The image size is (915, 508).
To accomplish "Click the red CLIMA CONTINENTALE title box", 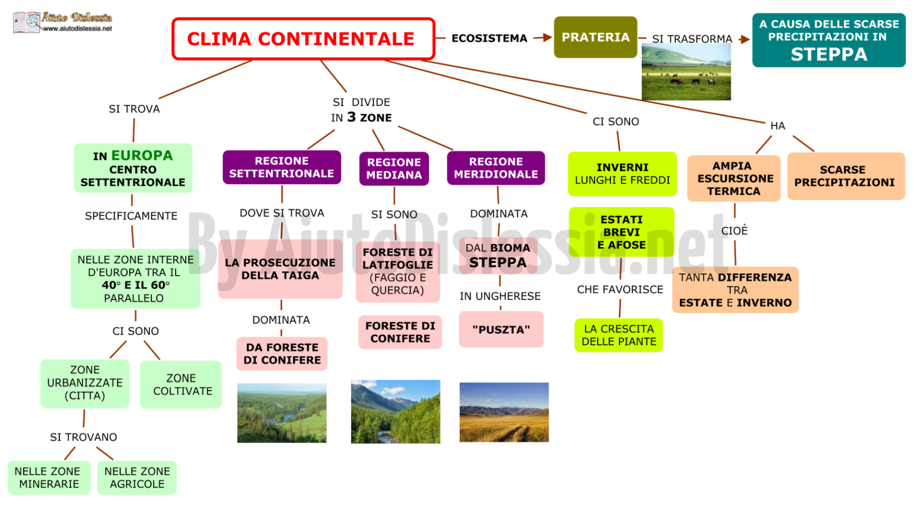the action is [303, 39].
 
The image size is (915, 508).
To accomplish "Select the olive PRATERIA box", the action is [595, 37].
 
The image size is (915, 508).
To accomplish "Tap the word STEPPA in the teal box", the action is [829, 54].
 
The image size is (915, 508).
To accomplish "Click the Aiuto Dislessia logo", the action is [63, 22].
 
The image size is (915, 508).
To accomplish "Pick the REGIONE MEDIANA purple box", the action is [394, 169].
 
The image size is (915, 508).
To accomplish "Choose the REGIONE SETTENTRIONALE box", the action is [282, 167].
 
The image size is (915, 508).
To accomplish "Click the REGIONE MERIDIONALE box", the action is [496, 168].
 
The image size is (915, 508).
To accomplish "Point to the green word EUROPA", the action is [142, 156].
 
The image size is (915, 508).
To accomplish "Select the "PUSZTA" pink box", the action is [501, 329].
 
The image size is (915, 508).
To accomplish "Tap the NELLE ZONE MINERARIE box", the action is [49, 478].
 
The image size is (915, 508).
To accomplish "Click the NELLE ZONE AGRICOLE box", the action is [137, 478].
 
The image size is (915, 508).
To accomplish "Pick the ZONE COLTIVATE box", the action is [181, 384].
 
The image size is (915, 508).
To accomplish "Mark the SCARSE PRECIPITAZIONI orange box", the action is [846, 176].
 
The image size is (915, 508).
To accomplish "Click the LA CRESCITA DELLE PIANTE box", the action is [618, 336].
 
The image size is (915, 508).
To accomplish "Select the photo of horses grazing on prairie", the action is [687, 72].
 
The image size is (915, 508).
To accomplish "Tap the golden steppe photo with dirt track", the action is [504, 412].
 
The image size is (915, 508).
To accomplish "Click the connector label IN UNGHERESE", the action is [500, 296].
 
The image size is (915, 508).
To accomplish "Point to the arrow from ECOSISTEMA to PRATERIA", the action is [543, 38].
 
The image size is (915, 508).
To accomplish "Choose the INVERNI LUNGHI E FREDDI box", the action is [622, 174].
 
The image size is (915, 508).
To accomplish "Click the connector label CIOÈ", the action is [734, 230].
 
